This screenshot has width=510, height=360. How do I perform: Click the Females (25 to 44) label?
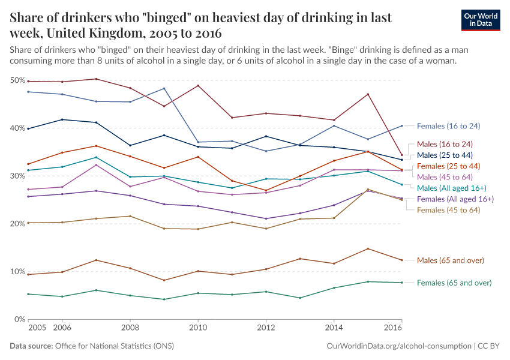tap(448, 166)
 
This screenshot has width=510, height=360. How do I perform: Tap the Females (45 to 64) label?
tap(448, 209)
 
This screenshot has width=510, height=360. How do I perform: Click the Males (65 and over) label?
tap(451, 260)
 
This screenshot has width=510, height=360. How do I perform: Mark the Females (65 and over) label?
tap(454, 283)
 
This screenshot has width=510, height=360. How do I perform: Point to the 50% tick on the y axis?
tap(17, 80)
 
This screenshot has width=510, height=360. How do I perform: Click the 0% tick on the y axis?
tap(20, 319)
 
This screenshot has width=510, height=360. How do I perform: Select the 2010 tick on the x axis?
tap(198, 328)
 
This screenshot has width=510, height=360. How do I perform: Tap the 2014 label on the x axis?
tap(334, 328)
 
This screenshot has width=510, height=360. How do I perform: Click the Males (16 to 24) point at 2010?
tap(198, 85)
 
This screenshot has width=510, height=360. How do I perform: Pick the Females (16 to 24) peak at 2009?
tap(164, 88)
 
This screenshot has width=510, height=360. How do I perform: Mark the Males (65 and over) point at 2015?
tap(368, 248)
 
